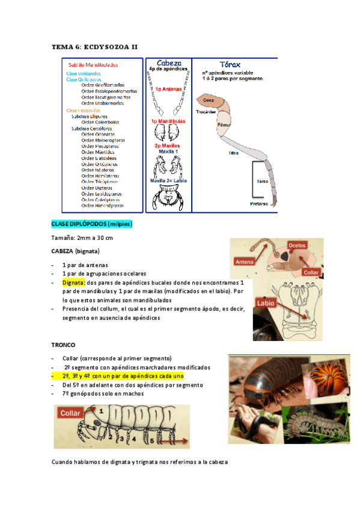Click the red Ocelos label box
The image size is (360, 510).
(x=297, y=245)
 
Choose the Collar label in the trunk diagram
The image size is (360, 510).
(x=70, y=414)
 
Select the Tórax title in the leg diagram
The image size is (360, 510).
(x=233, y=63)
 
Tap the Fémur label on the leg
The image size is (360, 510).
(x=223, y=126)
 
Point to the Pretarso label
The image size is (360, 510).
(x=259, y=203)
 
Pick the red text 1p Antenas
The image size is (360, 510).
(x=168, y=88)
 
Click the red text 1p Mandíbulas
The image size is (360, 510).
(x=168, y=121)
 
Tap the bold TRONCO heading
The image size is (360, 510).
(x=64, y=346)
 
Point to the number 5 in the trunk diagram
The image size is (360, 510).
(x=151, y=440)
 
